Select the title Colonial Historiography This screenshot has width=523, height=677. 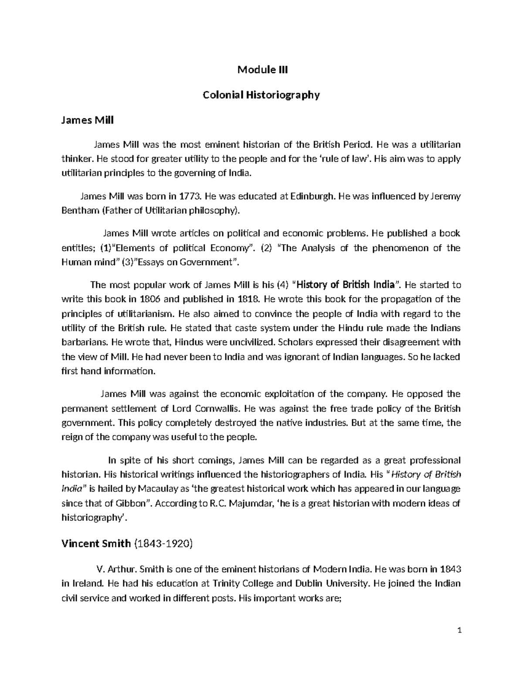tap(261, 95)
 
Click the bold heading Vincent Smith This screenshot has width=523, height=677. tap(96, 543)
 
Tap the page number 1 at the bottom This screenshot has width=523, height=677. tap(459, 643)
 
